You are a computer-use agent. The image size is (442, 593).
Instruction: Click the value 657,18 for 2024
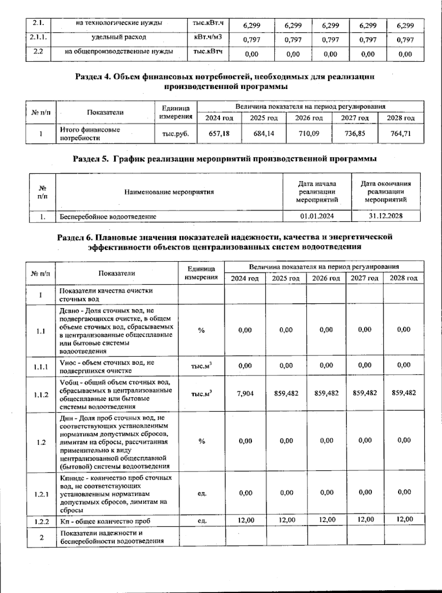pos(219,134)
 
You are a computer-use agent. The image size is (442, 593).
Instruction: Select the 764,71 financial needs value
pos(400,134)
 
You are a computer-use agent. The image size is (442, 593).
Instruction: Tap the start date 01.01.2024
pos(317,216)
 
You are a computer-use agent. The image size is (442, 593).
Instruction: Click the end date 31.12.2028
pos(386,216)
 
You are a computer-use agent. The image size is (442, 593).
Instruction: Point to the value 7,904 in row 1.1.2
pos(245,393)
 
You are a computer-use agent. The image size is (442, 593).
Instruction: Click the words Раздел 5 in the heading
pos(91,159)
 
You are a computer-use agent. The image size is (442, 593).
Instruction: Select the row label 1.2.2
pos(41,521)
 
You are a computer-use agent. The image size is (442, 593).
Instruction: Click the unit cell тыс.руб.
pos(175,134)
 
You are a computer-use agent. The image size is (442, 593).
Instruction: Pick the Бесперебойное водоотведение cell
pos(108,217)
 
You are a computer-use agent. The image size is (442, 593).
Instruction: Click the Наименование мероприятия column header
pos(169,192)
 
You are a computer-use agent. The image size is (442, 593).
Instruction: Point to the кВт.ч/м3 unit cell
pos(208,37)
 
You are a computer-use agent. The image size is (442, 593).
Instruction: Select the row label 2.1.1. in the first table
pos(38,37)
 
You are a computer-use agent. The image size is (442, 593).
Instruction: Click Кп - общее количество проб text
pos(105,521)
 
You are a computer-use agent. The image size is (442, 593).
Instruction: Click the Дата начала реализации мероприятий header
pos(317,192)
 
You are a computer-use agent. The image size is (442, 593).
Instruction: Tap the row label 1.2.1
pos(41,494)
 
